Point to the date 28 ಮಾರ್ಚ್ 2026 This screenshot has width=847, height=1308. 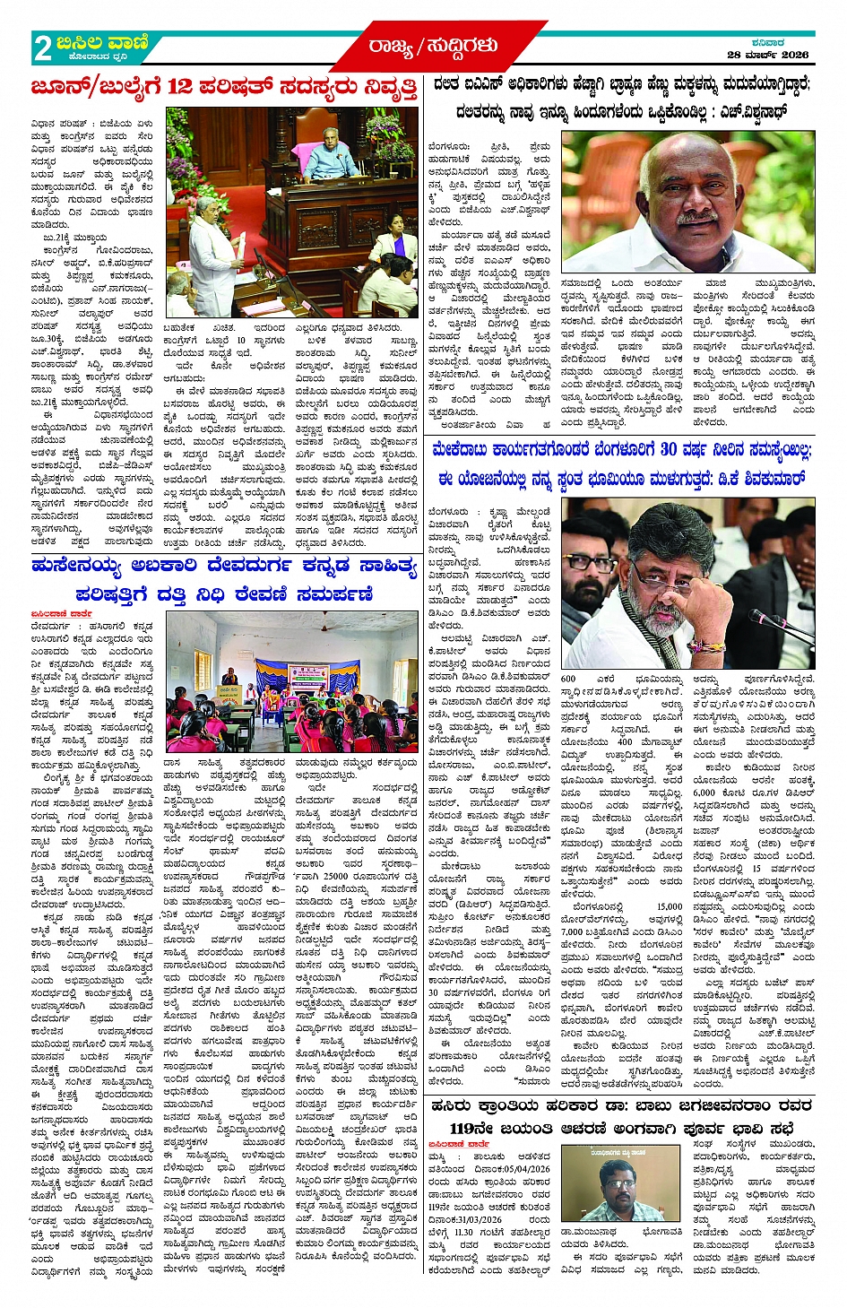coord(767,55)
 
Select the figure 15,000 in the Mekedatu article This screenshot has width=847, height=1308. coord(670,907)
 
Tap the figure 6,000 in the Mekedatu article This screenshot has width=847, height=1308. coord(704,793)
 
